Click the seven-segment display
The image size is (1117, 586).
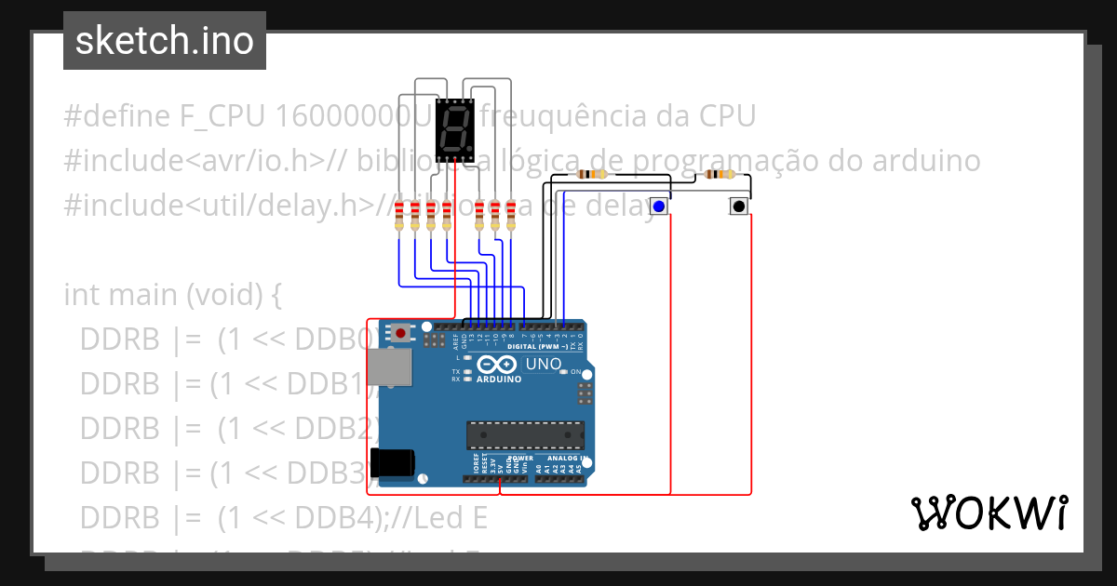coord(453,129)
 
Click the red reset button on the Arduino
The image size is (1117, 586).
coord(400,332)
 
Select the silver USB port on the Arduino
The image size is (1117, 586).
coord(388,367)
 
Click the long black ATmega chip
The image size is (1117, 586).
coord(525,434)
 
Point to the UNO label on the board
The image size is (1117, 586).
coord(545,364)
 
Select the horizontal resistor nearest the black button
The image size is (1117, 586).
coord(720,174)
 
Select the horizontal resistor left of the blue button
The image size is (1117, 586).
coord(591,174)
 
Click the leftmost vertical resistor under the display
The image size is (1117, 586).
coord(399,215)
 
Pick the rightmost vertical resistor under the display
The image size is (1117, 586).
coord(511,215)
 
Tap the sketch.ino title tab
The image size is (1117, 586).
coord(165,41)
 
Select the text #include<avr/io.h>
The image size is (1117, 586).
coord(194,161)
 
